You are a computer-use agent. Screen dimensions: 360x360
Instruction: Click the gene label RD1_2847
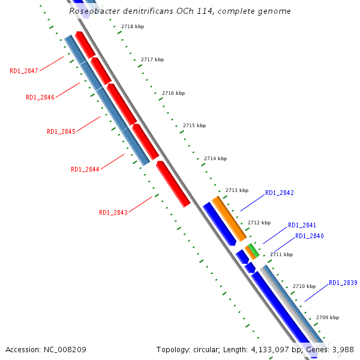pos(24,71)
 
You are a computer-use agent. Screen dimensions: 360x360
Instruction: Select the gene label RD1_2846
pos(40,97)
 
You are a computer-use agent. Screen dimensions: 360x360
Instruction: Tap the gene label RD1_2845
pos(61,131)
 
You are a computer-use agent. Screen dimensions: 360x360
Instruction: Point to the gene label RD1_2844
pos(85,169)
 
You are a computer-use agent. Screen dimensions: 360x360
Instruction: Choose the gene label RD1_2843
pos(113,212)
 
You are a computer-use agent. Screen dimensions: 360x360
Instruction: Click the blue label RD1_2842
pos(280,193)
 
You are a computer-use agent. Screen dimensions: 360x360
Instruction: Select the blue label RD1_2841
pos(302,225)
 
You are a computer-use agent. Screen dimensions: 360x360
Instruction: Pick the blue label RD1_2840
pos(310,236)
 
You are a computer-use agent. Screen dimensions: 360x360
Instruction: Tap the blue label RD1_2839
pos(343,283)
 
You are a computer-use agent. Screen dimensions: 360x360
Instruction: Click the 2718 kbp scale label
pos(133,27)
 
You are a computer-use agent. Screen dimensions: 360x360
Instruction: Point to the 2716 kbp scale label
pos(173,93)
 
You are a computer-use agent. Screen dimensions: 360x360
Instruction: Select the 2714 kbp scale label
pos(215,158)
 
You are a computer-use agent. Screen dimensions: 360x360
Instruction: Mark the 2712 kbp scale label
pos(259,223)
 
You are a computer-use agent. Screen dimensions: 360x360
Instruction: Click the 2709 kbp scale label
pos(328,317)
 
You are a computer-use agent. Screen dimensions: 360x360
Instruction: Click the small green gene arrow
pos(254,250)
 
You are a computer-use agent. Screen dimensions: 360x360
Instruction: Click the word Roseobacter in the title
pos(95,11)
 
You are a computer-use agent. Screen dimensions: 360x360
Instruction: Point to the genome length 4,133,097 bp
pos(269,349)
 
